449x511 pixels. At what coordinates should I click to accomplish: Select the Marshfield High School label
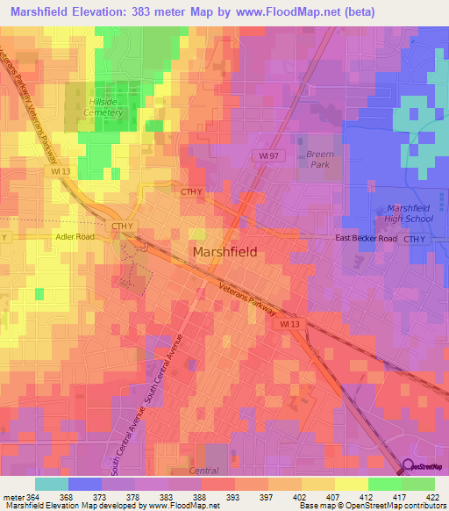[409, 212]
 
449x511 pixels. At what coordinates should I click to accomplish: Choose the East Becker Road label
[367, 239]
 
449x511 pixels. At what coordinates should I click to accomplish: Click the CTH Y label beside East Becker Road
[422, 239]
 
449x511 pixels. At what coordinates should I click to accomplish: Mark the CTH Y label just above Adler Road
[122, 226]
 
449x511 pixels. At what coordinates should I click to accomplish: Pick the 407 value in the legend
[325, 499]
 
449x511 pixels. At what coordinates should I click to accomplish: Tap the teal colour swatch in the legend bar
[52, 484]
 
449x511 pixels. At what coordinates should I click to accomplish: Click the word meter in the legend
[13, 499]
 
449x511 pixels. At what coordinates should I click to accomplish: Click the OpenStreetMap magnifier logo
[408, 467]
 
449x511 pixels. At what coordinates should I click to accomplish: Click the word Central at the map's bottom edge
[204, 471]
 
